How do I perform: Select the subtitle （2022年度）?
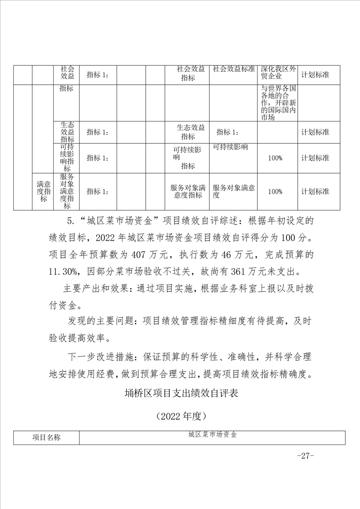click(x=181, y=415)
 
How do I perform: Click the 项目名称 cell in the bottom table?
click(x=46, y=437)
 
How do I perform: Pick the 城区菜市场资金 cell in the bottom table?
click(x=212, y=434)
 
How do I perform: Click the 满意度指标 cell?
click(x=43, y=191)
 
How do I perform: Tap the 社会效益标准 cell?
click(x=233, y=69)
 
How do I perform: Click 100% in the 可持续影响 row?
click(x=275, y=158)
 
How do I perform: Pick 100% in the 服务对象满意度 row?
click(x=275, y=191)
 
